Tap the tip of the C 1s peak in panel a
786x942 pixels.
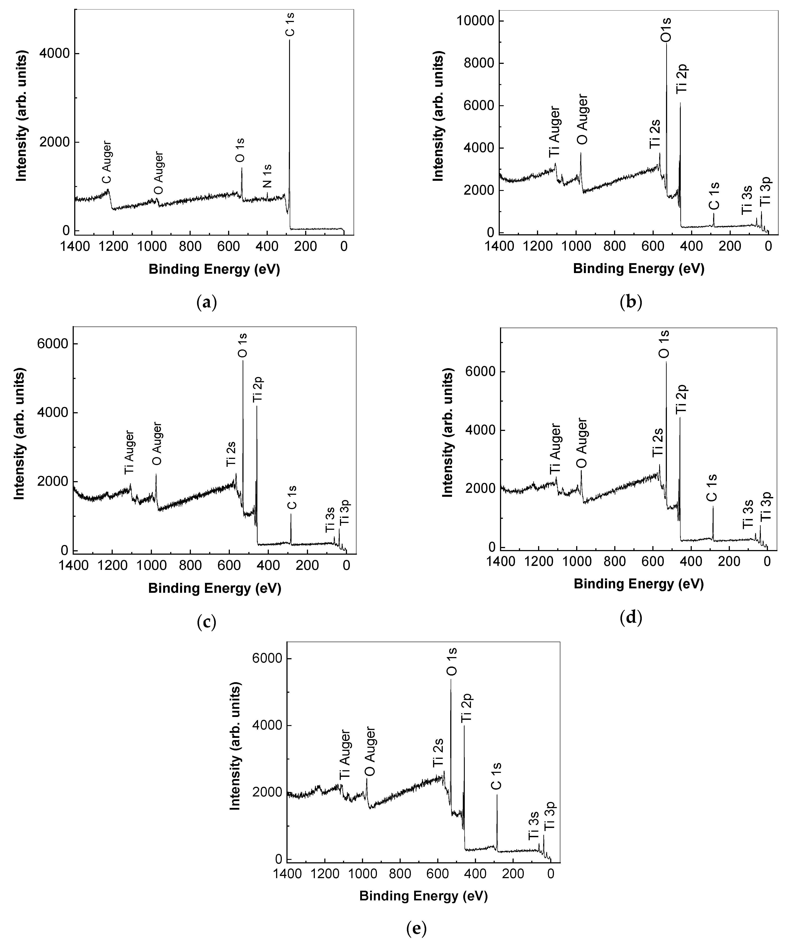click(x=289, y=40)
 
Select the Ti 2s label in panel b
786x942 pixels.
click(x=655, y=133)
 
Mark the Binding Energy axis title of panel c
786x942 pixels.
click(x=214, y=589)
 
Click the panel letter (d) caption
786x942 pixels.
click(x=631, y=618)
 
